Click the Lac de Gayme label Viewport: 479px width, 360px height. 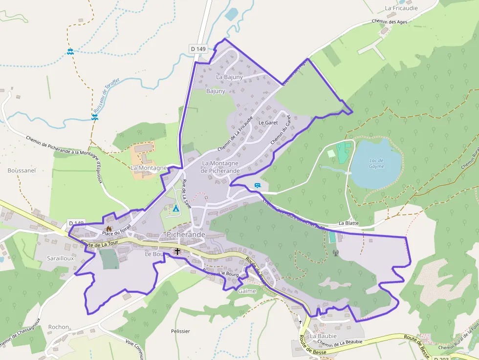(x=376, y=164)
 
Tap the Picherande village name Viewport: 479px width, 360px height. (x=186, y=235)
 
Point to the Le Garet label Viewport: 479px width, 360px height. (x=268, y=123)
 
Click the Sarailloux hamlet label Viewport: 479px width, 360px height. (x=61, y=258)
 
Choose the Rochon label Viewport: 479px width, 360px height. (x=59, y=327)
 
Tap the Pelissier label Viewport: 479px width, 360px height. (x=180, y=331)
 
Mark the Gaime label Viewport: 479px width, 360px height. (x=247, y=291)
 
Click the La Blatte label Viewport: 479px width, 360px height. (x=348, y=223)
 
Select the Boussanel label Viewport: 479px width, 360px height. (x=22, y=170)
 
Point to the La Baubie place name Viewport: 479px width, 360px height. (x=323, y=336)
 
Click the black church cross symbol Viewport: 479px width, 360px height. (x=177, y=252)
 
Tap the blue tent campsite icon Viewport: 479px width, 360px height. (x=175, y=209)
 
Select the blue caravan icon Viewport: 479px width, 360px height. (x=258, y=186)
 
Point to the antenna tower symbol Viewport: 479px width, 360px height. (x=335, y=253)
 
